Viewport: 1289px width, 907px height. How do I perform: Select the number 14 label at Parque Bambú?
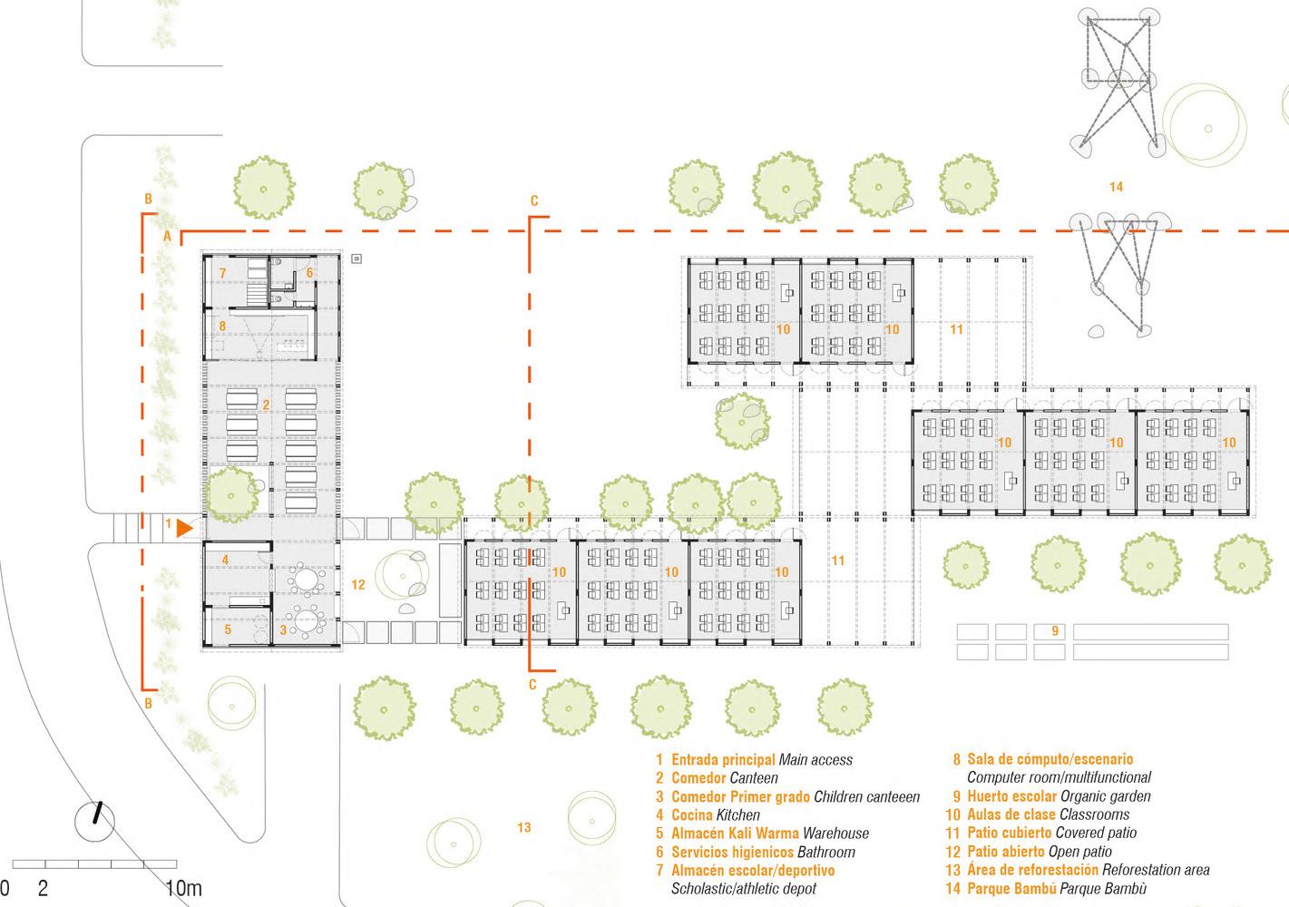pos(1116,187)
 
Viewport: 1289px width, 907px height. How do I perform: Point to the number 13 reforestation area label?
pos(523,826)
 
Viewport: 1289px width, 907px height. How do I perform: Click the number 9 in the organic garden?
pos(1055,631)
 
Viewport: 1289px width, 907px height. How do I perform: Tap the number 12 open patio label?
pos(357,584)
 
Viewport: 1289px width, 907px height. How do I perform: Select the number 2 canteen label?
pos(266,405)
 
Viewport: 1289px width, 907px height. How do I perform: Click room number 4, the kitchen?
pos(226,560)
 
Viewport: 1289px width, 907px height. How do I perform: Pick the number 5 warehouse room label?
pos(228,629)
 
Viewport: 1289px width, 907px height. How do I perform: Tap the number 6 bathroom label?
pos(309,272)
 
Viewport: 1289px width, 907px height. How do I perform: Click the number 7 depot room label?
pos(222,272)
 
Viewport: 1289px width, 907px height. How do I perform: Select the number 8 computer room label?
pos(222,326)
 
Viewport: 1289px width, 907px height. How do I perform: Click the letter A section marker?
pos(167,235)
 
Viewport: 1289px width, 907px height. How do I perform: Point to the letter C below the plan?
pos(533,685)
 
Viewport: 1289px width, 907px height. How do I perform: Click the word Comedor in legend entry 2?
pos(698,778)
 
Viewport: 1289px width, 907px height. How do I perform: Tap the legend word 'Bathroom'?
pos(825,852)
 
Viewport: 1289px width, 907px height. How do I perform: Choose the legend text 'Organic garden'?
pos(1105,796)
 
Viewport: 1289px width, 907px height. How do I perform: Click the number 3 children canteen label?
pos(283,629)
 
